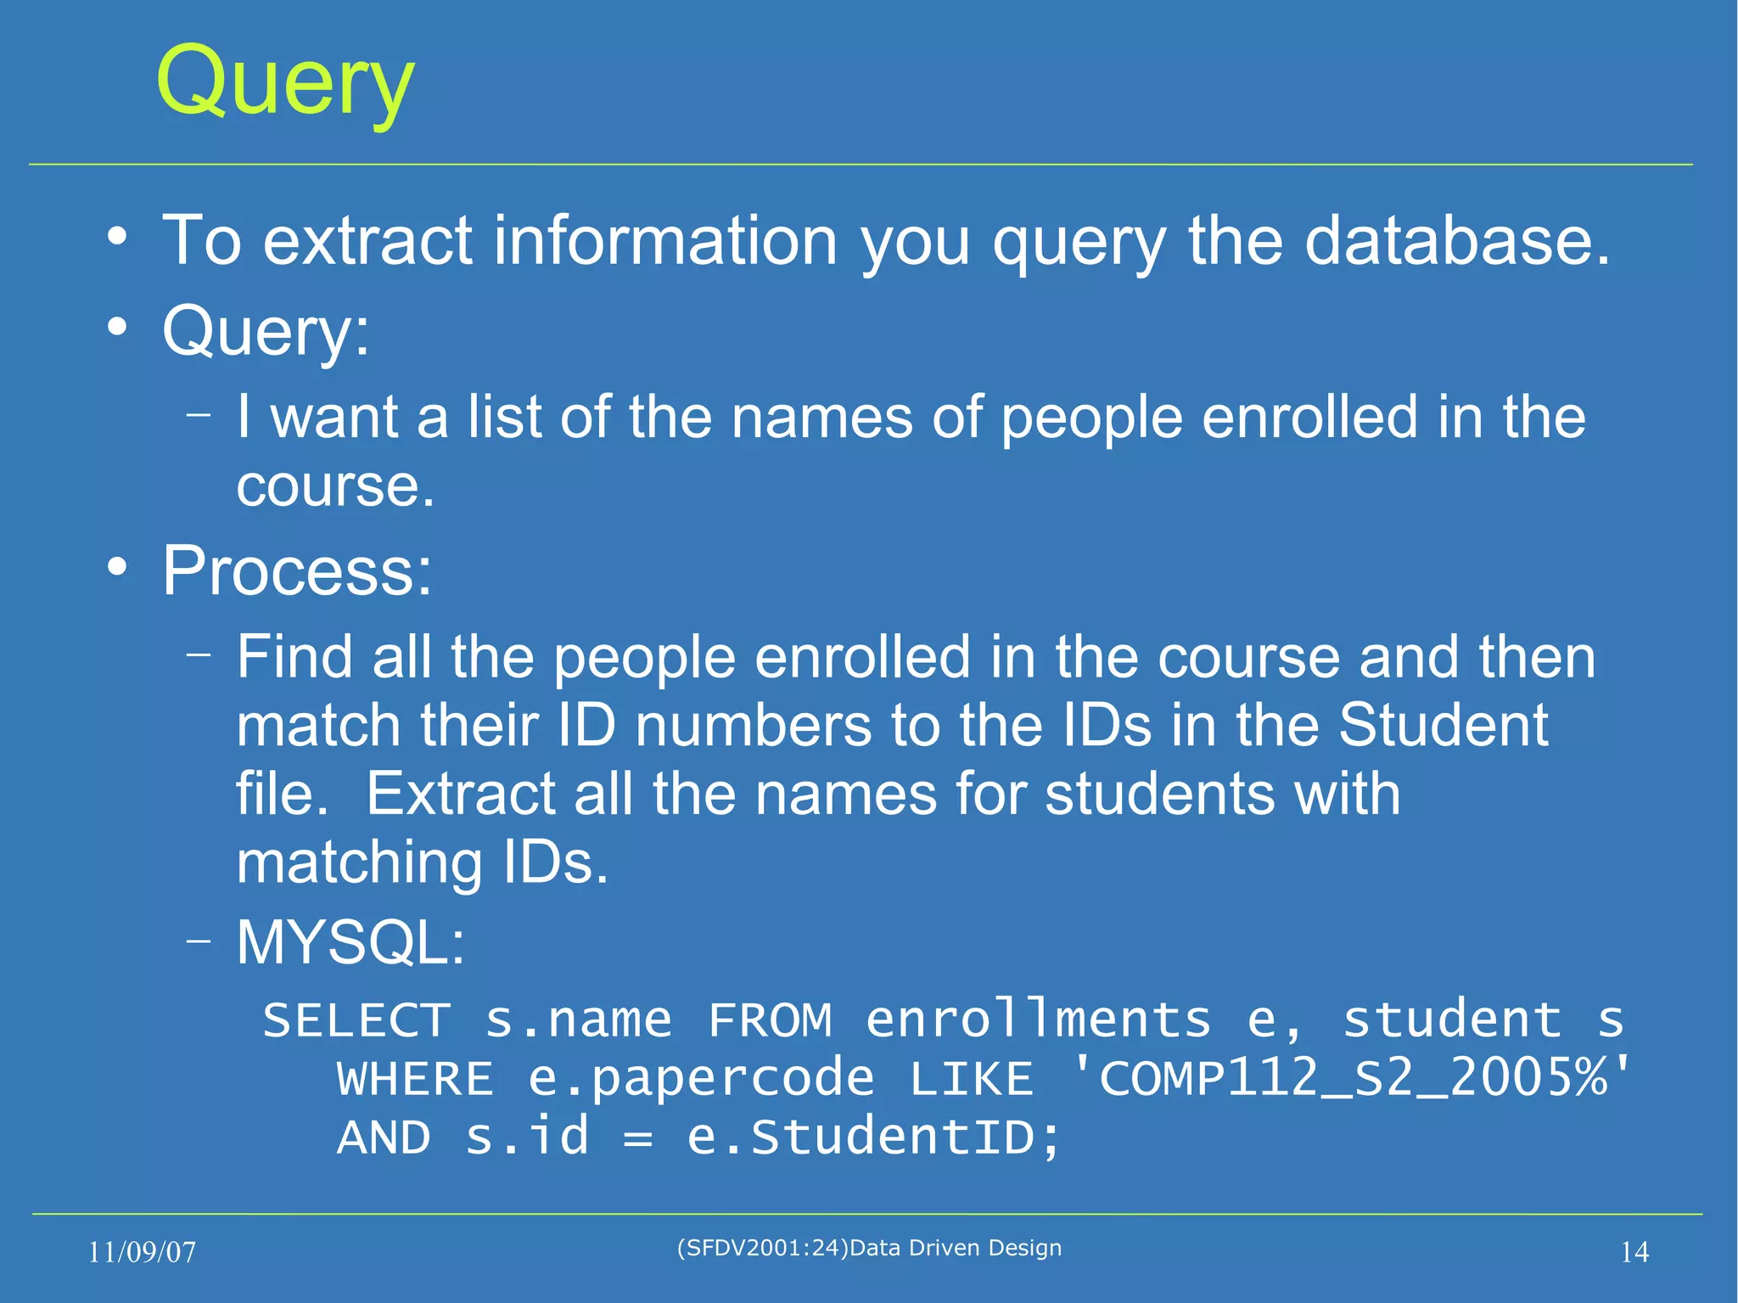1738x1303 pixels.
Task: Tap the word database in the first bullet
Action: coord(1456,241)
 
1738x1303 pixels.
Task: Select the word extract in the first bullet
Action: coord(367,241)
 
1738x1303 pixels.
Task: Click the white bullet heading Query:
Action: coord(266,332)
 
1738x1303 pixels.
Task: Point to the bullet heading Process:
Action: coord(297,571)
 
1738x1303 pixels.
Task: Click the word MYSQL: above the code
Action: coord(350,943)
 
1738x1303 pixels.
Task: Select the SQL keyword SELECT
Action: coord(356,1020)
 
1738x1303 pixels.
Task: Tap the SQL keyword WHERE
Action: coord(415,1080)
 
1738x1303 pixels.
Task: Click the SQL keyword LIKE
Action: coord(972,1080)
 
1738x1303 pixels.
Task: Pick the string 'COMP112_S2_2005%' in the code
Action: coord(1351,1078)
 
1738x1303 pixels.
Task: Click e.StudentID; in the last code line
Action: coord(874,1137)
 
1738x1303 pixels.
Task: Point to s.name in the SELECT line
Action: coord(578,1020)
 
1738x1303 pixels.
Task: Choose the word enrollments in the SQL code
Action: coord(1038,1020)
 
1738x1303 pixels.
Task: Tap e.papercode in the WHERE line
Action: coord(701,1080)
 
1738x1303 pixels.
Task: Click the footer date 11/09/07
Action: coord(142,1252)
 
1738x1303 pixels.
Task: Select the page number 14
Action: coord(1634,1252)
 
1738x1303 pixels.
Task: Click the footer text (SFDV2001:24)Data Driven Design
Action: coord(869,1248)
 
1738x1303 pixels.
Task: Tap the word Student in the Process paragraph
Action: coord(1444,726)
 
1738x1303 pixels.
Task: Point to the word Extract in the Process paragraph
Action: coord(460,795)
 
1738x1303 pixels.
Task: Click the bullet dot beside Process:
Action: coord(118,566)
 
